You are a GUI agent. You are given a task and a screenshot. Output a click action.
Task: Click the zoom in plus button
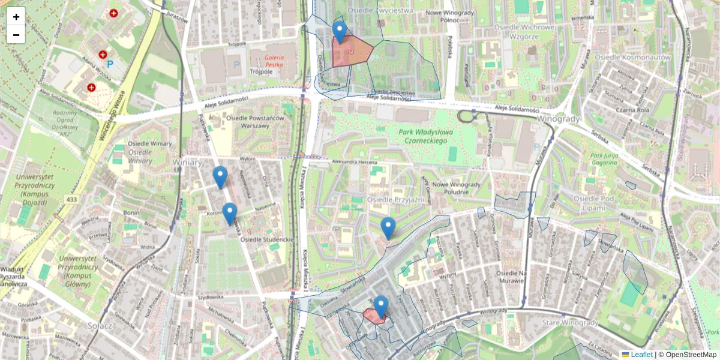pos(16,17)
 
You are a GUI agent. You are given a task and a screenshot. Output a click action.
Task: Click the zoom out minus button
pos(16,35)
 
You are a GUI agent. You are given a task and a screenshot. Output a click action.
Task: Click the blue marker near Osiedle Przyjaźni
pos(388,228)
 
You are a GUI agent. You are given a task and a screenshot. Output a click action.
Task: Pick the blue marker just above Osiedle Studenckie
pos(230,214)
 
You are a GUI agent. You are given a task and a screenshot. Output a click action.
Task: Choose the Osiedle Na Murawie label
pos(506,277)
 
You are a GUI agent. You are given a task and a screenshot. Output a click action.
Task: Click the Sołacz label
pos(100,325)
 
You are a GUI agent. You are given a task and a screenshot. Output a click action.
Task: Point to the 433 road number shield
pos(73,199)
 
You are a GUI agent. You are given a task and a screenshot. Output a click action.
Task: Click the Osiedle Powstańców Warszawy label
pos(262,122)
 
